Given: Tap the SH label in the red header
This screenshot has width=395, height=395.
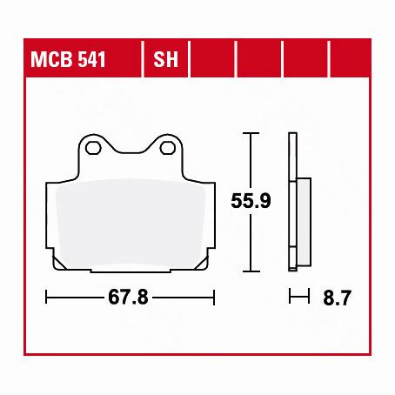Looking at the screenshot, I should [x=164, y=62].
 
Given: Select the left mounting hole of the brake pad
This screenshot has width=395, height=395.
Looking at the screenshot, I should [x=93, y=148].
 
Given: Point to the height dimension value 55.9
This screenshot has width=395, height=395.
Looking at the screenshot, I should [x=251, y=202].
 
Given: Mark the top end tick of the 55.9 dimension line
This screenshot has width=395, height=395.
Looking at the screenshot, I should [x=251, y=133].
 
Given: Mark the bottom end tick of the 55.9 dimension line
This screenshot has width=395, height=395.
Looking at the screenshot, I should [x=251, y=270].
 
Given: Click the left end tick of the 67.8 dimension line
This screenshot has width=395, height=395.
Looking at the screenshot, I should [x=46, y=298].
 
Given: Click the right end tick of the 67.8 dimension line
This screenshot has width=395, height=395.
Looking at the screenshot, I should [x=214, y=298].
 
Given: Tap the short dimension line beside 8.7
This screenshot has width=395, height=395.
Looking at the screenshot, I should [x=299, y=298].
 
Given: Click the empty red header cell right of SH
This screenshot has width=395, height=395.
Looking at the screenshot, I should [x=212, y=62].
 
